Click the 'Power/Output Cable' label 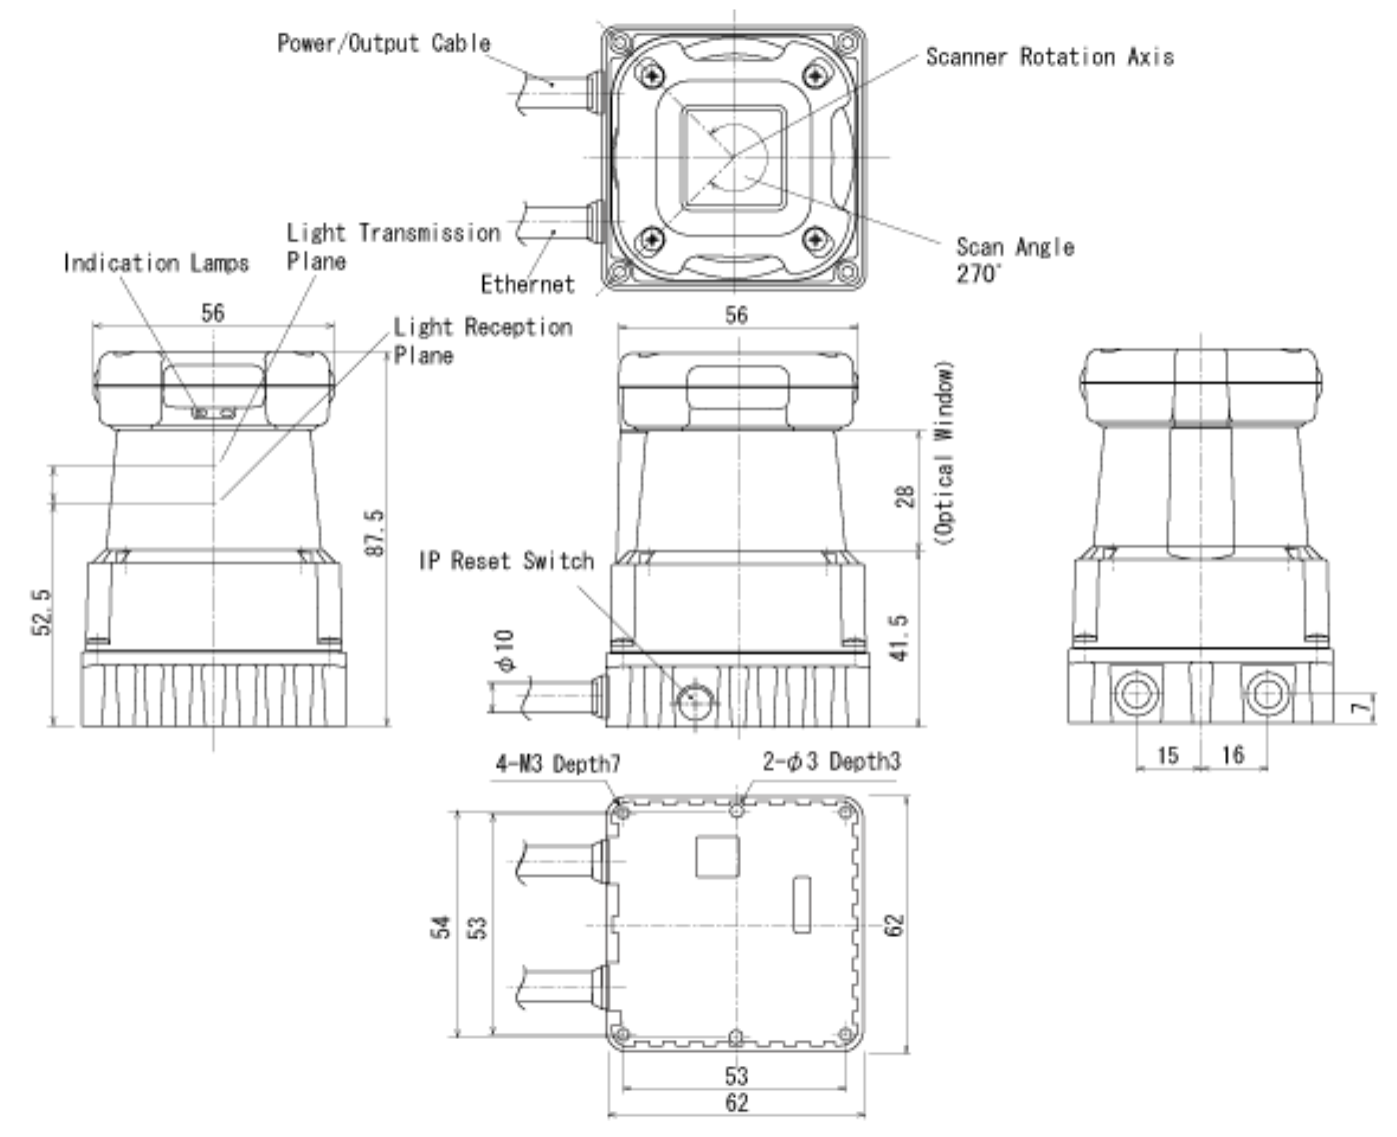tap(384, 43)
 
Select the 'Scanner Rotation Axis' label tap(1049, 57)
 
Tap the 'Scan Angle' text tap(1014, 247)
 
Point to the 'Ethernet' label tap(527, 284)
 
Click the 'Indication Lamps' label tap(155, 263)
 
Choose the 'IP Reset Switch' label tap(506, 561)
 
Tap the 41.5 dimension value tap(900, 637)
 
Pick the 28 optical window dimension tap(905, 496)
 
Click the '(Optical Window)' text tap(944, 452)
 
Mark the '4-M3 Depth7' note tap(557, 764)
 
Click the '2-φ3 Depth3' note tap(831, 762)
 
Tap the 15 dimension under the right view tap(1167, 756)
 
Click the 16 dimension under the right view tap(1232, 756)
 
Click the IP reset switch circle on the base tap(695, 700)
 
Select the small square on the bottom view tap(717, 857)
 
